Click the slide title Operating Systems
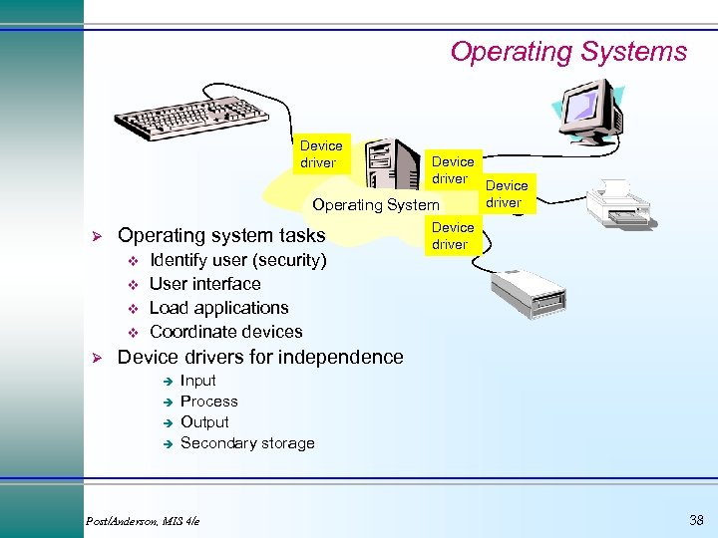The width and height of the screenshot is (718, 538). tap(568, 52)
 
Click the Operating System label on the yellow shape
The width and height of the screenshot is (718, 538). tap(362, 205)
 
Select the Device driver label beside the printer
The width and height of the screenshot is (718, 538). tap(507, 193)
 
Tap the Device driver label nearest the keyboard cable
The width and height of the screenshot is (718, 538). tap(320, 154)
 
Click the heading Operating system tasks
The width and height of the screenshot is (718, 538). tap(221, 235)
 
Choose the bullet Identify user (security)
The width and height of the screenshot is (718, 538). tap(237, 260)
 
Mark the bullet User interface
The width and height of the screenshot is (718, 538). tap(204, 284)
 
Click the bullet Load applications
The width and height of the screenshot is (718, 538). tap(218, 308)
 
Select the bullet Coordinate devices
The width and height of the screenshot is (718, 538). tap(225, 332)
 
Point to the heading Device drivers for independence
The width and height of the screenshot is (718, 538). tap(260, 357)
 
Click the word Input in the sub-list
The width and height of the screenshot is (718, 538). tap(197, 381)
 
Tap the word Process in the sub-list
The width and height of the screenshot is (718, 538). tap(208, 402)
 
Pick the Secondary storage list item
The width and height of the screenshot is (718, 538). tap(247, 443)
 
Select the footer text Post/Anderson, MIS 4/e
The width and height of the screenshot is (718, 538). tap(142, 520)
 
